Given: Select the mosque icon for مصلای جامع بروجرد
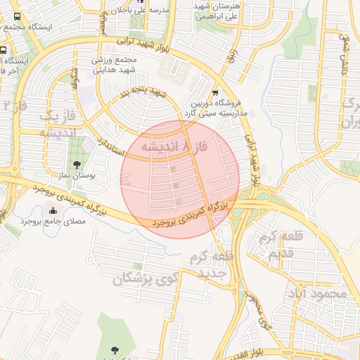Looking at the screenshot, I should click(x=53, y=210).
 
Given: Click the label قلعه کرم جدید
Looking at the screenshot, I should click(x=210, y=264).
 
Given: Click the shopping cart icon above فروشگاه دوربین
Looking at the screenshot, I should click(x=214, y=92).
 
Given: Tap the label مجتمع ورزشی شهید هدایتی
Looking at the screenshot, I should click(x=118, y=66).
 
